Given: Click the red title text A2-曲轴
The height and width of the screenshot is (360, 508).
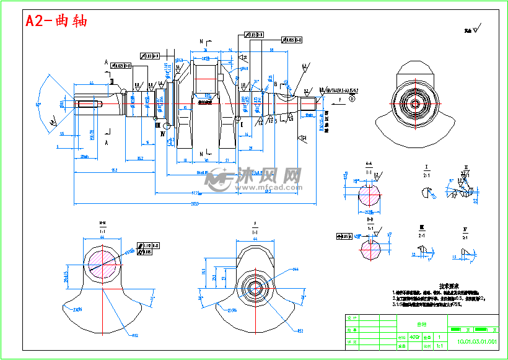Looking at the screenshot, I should point(56,20).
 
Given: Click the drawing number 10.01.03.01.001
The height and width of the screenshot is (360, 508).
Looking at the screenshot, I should point(476,341).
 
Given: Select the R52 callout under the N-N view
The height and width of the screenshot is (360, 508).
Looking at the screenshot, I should point(134,335).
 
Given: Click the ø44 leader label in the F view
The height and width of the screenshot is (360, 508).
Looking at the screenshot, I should point(296,270).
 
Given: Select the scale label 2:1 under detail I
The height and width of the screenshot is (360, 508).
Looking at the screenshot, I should point(427,175).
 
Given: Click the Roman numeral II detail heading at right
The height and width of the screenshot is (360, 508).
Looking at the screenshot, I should point(465,167).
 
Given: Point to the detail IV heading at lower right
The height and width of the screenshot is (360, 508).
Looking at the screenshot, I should point(465,229).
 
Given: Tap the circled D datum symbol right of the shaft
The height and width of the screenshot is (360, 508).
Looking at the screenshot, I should point(352,99).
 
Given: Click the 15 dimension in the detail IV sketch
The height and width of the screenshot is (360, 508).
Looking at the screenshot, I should point(454,257).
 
